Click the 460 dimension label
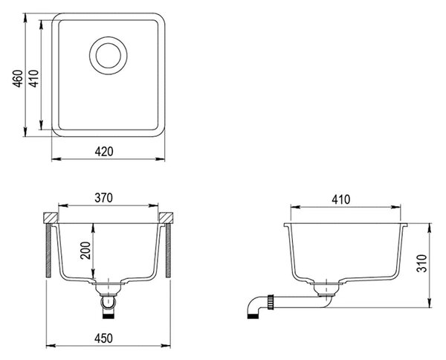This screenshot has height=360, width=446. pyautogui.click(x=18, y=79)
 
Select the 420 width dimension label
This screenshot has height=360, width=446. pyautogui.click(x=104, y=152)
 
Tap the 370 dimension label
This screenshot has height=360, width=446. pyautogui.click(x=104, y=198)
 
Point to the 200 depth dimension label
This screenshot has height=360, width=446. pyautogui.click(x=85, y=250)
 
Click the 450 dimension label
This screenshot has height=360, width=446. pyautogui.click(x=104, y=338)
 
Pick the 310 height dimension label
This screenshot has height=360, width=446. pyautogui.click(x=421, y=263)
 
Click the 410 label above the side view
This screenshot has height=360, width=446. pyautogui.click(x=340, y=199)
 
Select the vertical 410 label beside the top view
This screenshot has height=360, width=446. pyautogui.click(x=34, y=78)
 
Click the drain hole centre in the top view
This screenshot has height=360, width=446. pyautogui.click(x=109, y=56)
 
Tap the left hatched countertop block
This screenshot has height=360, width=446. pyautogui.click(x=51, y=218)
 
